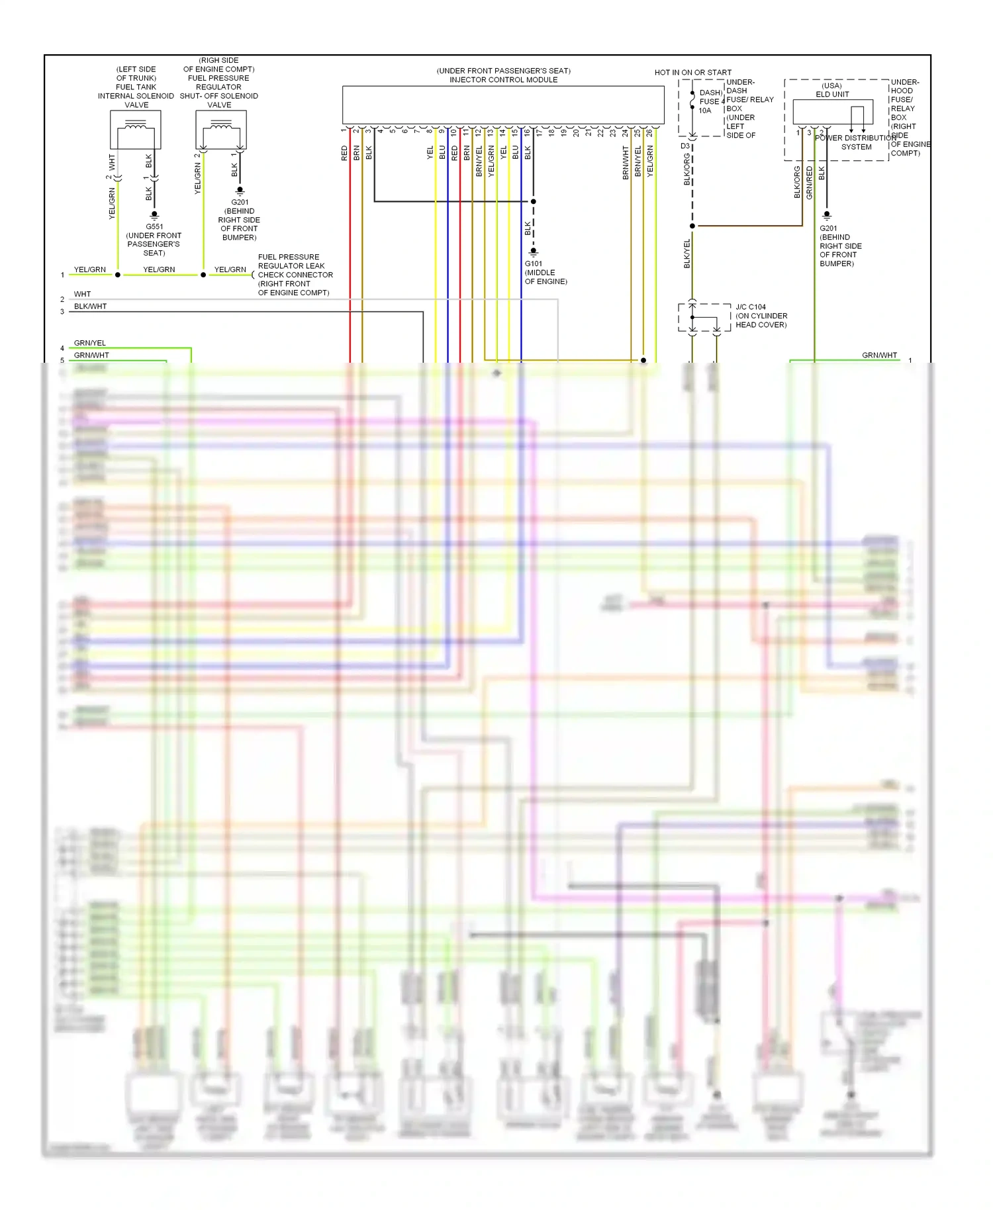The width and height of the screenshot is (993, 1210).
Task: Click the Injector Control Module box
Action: click(x=503, y=104)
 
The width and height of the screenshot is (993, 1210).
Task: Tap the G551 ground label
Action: click(x=154, y=226)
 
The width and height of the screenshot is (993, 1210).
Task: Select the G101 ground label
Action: click(x=534, y=263)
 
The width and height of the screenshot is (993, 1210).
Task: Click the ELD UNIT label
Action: click(x=832, y=94)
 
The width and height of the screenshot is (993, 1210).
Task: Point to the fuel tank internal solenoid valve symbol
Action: click(x=136, y=130)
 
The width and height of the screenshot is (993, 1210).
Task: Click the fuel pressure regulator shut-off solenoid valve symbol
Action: click(x=221, y=130)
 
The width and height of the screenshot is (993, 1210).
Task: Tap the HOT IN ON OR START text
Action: click(x=693, y=73)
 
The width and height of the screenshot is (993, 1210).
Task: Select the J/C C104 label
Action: click(x=751, y=307)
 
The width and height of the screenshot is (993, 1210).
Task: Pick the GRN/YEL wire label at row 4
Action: click(x=90, y=343)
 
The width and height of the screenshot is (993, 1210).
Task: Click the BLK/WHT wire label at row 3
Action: click(x=90, y=306)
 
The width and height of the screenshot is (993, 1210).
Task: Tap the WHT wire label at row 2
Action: click(x=83, y=294)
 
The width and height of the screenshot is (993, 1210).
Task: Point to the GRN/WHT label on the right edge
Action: click(x=879, y=355)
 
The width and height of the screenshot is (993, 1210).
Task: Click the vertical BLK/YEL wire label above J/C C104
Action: click(x=687, y=254)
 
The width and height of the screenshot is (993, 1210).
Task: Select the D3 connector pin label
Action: click(x=685, y=146)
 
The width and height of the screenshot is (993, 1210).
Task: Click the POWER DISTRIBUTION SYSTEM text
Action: click(x=856, y=142)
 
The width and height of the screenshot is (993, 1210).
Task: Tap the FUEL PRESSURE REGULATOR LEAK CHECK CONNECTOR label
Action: click(x=295, y=275)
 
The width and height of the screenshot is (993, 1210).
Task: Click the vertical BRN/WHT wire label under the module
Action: click(x=626, y=163)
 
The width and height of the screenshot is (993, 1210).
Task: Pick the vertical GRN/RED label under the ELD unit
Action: click(x=810, y=183)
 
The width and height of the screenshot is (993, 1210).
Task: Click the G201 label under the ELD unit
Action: click(x=828, y=228)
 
